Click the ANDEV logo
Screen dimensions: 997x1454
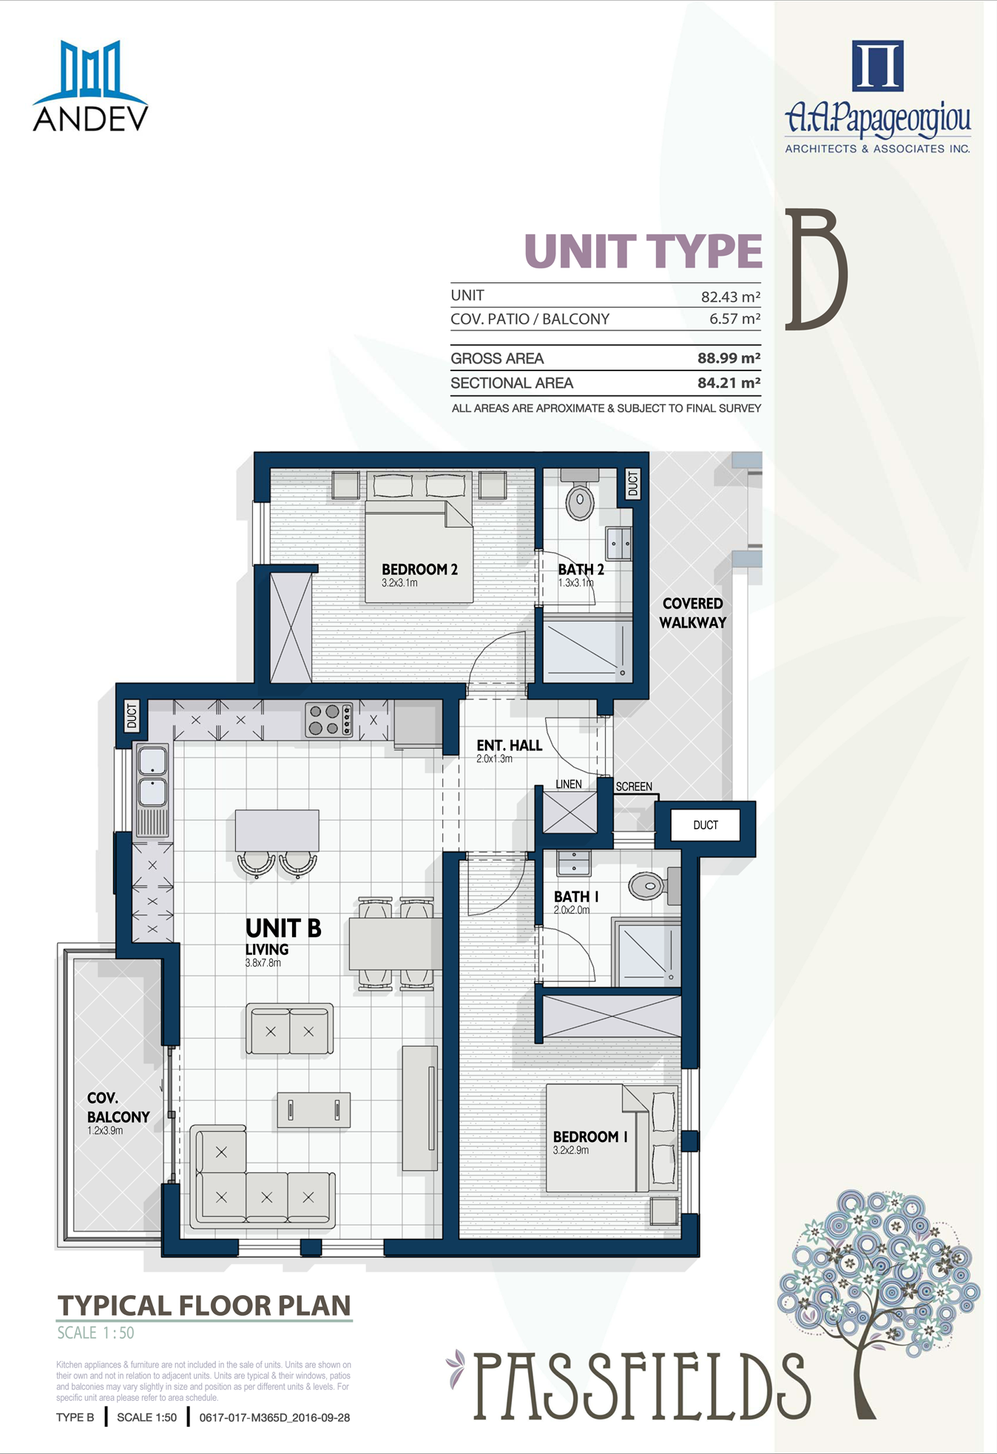click(90, 86)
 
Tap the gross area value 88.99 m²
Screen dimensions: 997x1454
click(729, 359)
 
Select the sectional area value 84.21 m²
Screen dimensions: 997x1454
click(729, 383)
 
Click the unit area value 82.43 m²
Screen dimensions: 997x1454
click(731, 296)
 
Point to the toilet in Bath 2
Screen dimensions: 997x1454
click(580, 495)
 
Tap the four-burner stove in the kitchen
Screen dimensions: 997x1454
click(329, 720)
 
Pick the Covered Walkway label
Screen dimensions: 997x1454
click(693, 614)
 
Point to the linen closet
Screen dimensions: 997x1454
click(570, 812)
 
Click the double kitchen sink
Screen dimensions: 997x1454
click(152, 776)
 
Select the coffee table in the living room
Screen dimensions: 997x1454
click(314, 1110)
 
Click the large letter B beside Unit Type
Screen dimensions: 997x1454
click(816, 269)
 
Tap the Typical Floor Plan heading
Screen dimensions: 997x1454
click(204, 1305)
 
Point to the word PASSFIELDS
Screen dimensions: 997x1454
click(641, 1386)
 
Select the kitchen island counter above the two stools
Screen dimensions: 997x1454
click(277, 831)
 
